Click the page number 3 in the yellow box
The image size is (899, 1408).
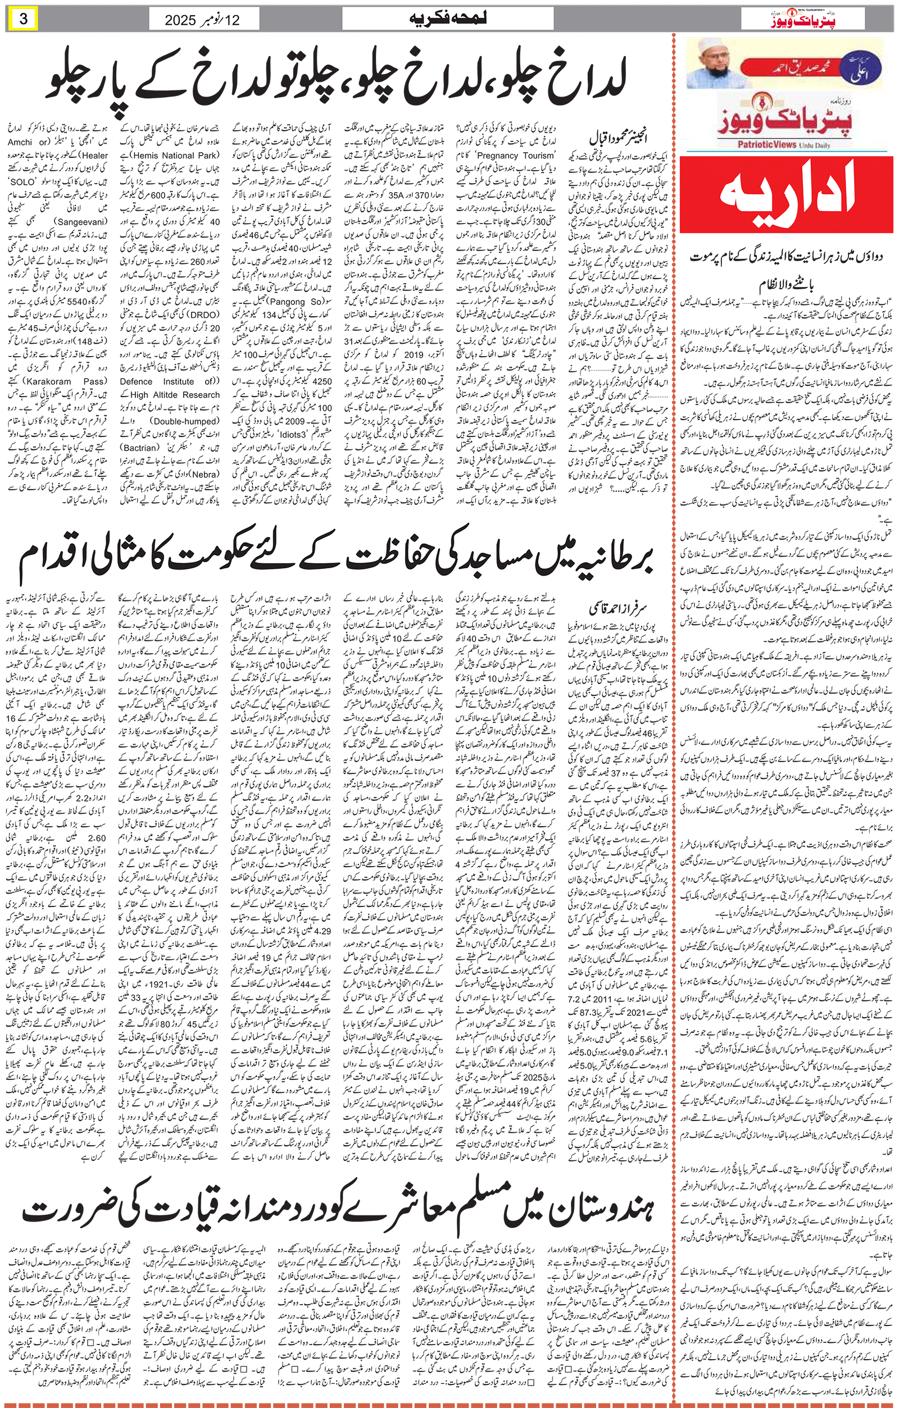click(24, 19)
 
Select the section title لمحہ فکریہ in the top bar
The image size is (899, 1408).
click(447, 19)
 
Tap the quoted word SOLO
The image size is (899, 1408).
click(24, 183)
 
